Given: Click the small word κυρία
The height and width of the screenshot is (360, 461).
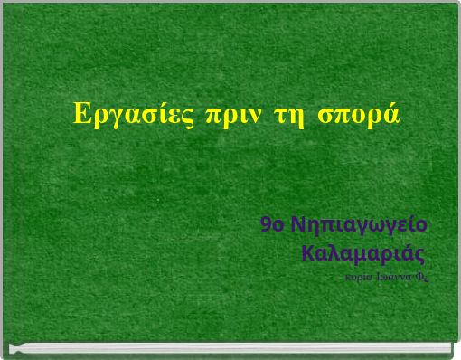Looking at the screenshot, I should tap(353, 270).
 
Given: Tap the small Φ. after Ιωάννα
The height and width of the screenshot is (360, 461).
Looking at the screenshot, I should tap(422, 270).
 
